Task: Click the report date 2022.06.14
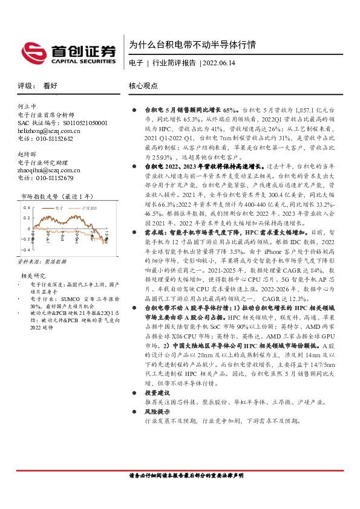click(221, 62)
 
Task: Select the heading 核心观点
click(143, 86)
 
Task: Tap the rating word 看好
click(50, 86)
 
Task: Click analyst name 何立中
click(27, 106)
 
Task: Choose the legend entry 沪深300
click(90, 207)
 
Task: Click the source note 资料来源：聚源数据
click(41, 262)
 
